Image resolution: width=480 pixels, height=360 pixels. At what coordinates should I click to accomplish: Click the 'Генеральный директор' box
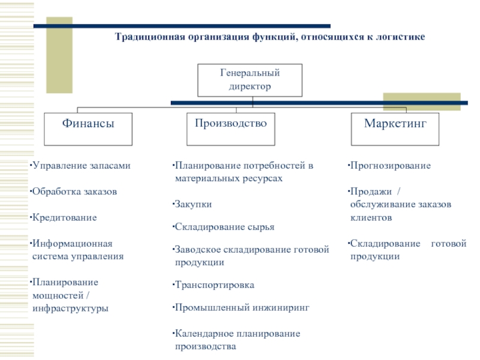[x=249, y=80]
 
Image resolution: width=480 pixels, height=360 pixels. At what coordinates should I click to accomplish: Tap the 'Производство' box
[x=230, y=128]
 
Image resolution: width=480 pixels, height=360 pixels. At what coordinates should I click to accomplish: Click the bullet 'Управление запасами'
[x=81, y=165]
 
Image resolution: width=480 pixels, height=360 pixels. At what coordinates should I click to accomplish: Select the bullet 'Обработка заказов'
[x=74, y=192]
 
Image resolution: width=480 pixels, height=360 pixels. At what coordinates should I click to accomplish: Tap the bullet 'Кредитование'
[x=64, y=217]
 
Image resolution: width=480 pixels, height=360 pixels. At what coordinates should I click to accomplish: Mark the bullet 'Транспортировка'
[x=214, y=285]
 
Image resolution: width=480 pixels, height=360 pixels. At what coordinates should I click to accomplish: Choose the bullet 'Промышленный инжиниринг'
[x=242, y=307]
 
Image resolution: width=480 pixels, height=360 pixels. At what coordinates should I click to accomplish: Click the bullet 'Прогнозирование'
[x=391, y=165]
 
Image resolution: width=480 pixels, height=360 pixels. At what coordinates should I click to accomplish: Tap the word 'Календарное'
[x=203, y=333]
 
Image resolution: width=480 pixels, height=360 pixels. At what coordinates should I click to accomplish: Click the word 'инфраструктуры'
[x=71, y=308]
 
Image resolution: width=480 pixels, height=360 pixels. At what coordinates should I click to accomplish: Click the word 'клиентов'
[x=371, y=218]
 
